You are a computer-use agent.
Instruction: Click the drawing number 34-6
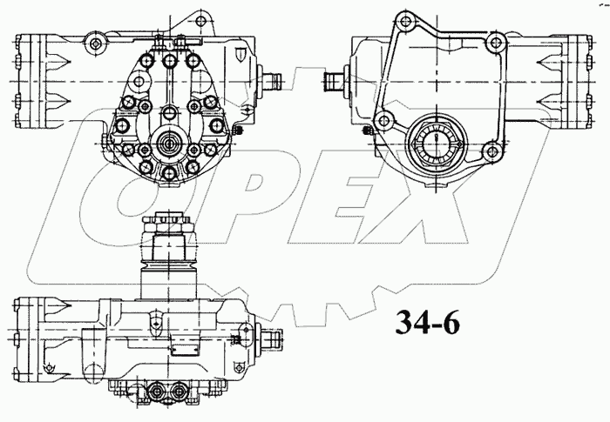426,323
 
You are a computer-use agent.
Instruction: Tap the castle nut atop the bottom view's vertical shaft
167,222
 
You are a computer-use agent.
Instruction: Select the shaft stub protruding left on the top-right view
334,82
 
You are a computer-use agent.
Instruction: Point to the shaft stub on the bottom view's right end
276,336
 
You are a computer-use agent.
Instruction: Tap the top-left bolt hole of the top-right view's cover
403,19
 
